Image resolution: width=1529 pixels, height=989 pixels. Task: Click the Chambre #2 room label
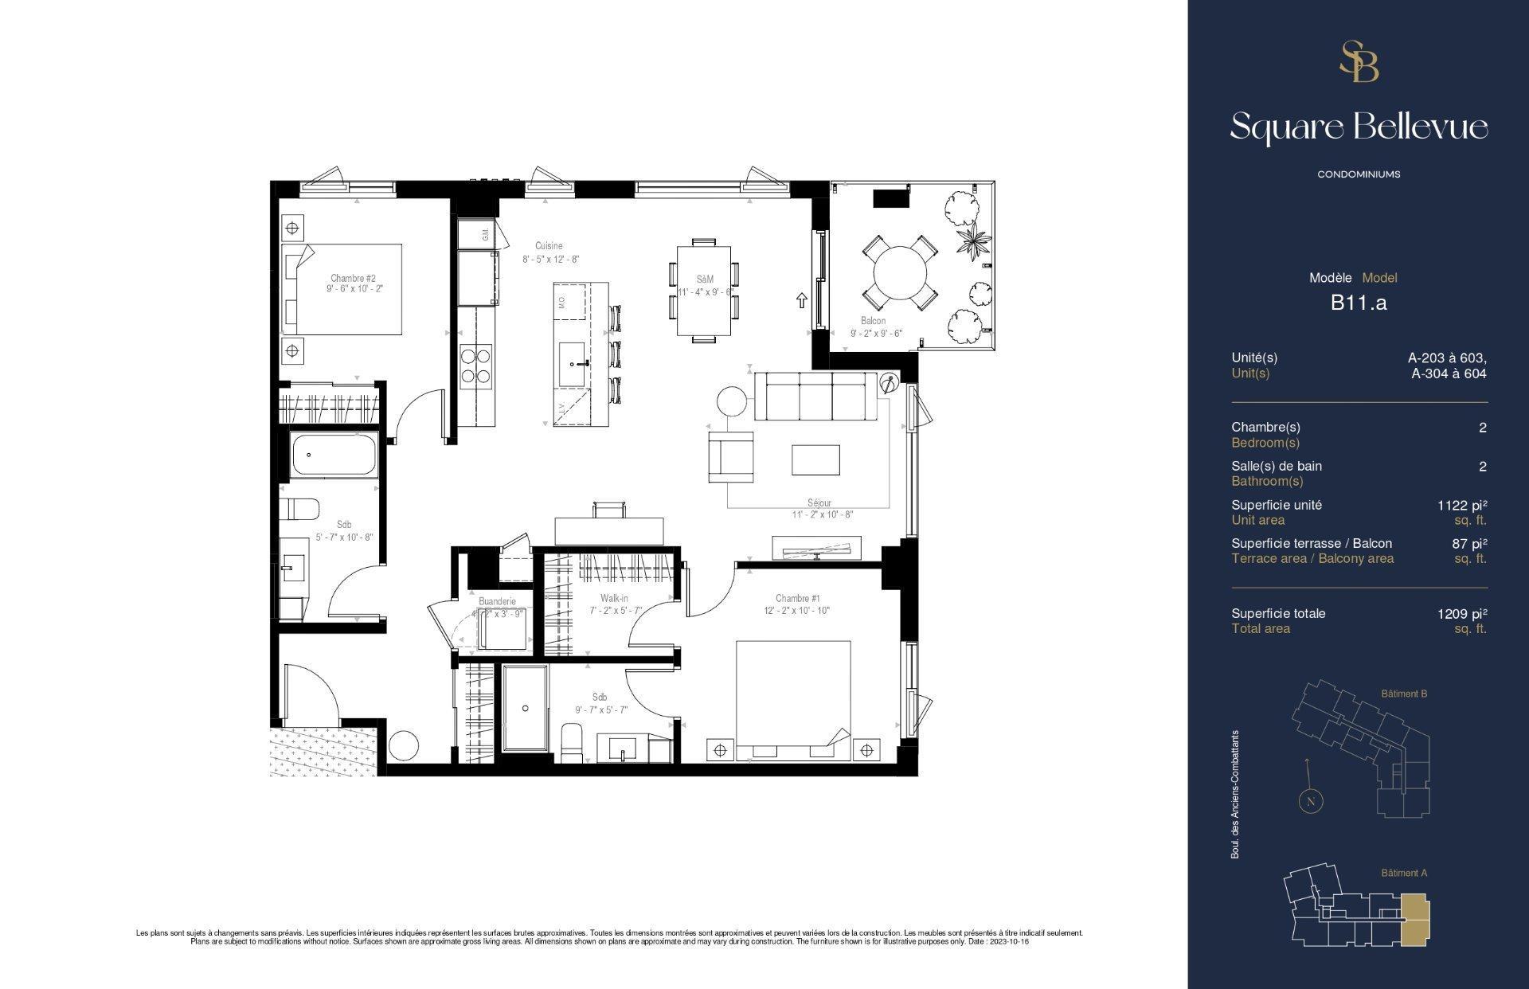(353, 279)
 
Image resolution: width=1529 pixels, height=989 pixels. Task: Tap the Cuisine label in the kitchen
(549, 246)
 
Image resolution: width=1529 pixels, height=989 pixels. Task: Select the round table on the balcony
(900, 272)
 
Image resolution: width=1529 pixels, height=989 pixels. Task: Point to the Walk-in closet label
(614, 598)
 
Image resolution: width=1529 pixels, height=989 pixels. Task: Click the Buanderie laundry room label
(497, 601)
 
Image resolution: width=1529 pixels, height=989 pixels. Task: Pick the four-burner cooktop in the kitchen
(475, 365)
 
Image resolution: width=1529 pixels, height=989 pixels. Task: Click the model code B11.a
(1359, 303)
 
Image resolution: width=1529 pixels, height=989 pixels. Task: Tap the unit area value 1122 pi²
(1462, 505)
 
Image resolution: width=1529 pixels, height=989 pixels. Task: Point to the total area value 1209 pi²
(1462, 613)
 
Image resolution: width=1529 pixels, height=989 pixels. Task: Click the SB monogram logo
(1359, 62)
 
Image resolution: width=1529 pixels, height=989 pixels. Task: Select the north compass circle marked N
(1310, 802)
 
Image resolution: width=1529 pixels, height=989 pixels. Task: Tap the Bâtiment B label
(1403, 694)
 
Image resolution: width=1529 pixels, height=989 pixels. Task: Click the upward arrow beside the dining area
(802, 300)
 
